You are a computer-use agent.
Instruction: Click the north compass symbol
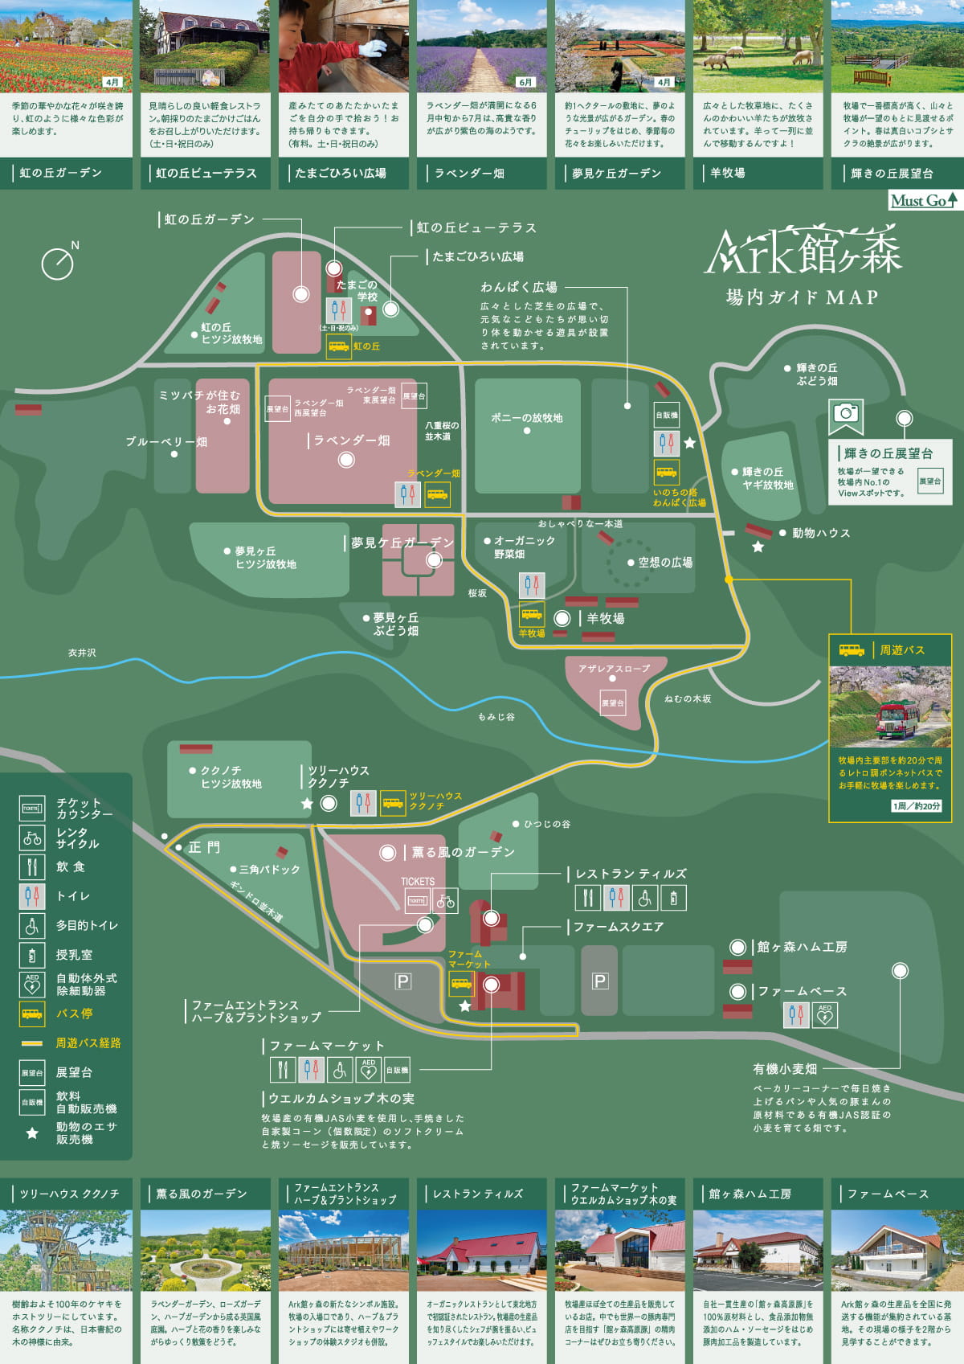point(58,262)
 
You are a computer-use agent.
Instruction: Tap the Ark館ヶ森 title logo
point(803,251)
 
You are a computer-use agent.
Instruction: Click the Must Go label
point(923,200)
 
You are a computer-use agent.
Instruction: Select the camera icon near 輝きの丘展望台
point(845,413)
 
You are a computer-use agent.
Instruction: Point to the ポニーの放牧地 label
point(527,418)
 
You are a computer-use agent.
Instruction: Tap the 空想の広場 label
point(665,563)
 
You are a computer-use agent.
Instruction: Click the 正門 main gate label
point(204,847)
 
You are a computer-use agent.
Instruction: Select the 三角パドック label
point(269,870)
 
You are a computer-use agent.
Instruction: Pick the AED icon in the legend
point(32,984)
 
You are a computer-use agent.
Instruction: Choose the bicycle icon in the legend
point(32,838)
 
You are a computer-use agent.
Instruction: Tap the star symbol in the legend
point(32,1133)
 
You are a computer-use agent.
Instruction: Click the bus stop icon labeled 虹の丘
point(338,346)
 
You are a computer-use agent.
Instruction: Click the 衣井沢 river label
point(82,653)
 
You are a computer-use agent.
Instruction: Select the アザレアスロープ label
point(614,669)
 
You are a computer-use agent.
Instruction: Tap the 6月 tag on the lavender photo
point(525,82)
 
